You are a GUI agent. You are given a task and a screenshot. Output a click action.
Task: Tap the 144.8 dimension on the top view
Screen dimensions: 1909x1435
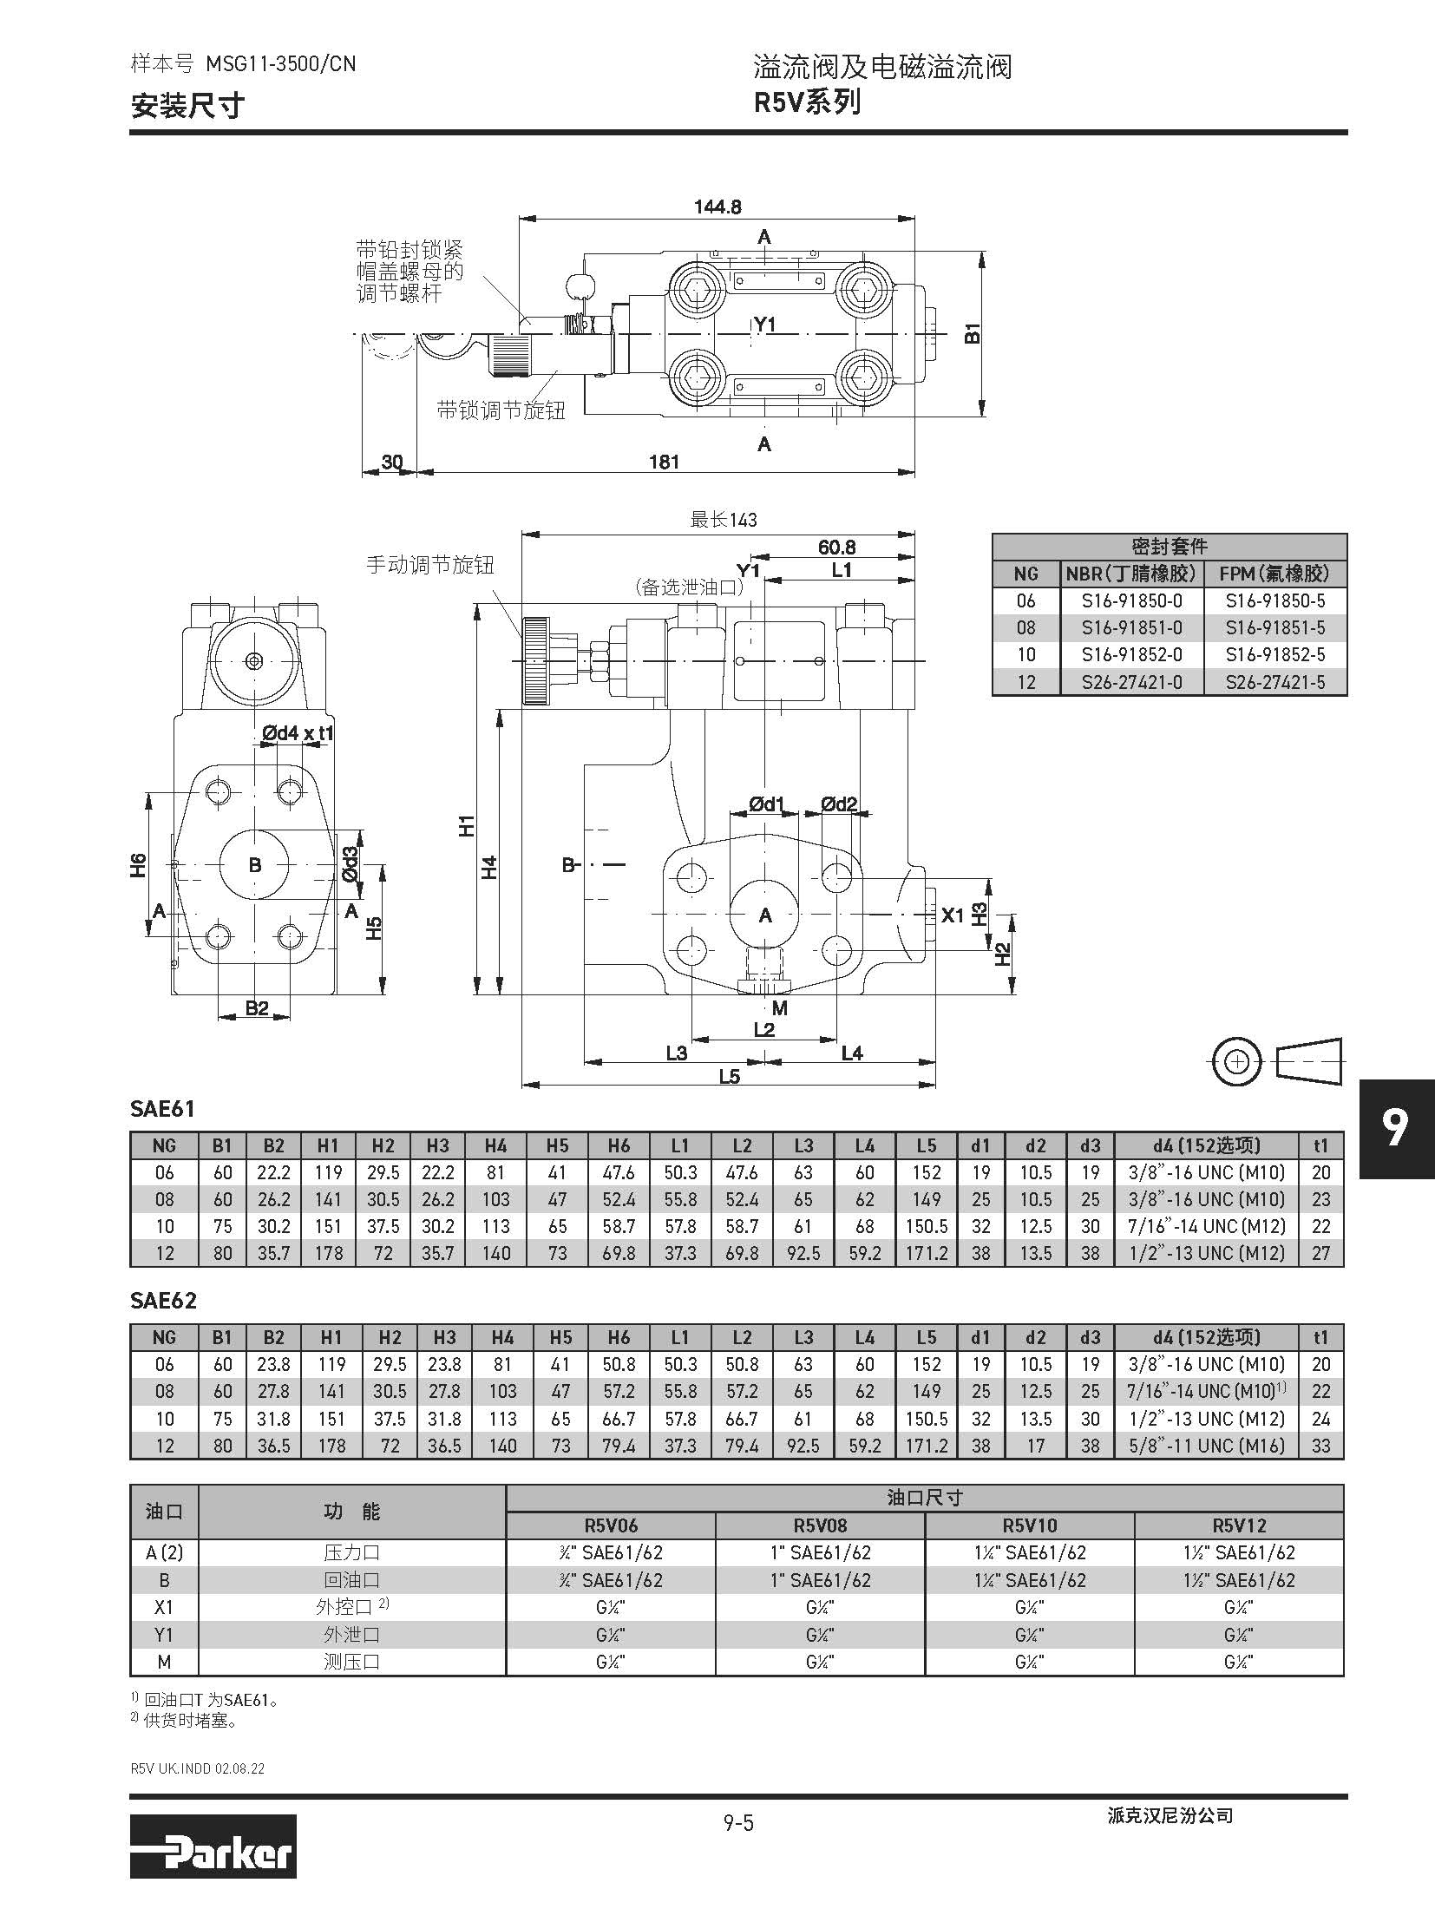tap(717, 207)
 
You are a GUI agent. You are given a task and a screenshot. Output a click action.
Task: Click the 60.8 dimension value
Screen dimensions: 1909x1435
tap(836, 548)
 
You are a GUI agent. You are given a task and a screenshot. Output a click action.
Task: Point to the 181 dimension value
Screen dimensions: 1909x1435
tap(665, 462)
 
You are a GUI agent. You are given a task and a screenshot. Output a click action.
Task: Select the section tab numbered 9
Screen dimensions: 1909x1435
tap(1395, 1128)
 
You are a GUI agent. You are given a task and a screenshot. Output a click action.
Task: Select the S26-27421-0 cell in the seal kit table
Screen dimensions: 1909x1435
tap(1131, 682)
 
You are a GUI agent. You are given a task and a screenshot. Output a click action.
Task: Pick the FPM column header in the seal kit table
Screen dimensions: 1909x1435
tap(1274, 574)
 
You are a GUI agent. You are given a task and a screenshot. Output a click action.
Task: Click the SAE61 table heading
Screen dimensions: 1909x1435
tap(162, 1109)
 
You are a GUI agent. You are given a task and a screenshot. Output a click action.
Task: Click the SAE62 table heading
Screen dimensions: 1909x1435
tap(163, 1301)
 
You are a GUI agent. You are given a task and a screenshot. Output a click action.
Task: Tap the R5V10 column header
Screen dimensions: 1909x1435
tap(1030, 1525)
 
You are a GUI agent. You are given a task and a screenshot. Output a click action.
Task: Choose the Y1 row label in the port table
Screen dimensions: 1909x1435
tap(164, 1635)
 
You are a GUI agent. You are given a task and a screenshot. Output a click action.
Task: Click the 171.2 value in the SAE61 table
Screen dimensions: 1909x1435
tap(926, 1253)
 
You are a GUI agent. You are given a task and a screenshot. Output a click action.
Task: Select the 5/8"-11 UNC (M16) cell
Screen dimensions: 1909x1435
tap(1206, 1446)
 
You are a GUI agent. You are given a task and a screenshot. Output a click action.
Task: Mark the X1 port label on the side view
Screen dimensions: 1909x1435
tap(953, 915)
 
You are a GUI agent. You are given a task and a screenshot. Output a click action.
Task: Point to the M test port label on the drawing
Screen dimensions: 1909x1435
tap(780, 1008)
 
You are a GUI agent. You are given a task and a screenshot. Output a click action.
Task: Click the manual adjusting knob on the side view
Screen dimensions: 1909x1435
tap(535, 660)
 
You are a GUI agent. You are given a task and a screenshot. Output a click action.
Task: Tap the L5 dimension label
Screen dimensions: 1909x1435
tap(729, 1077)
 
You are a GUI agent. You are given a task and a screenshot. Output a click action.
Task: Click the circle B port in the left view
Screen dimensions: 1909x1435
tap(254, 865)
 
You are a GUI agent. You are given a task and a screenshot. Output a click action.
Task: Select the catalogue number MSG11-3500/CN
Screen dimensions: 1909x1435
tap(280, 63)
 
